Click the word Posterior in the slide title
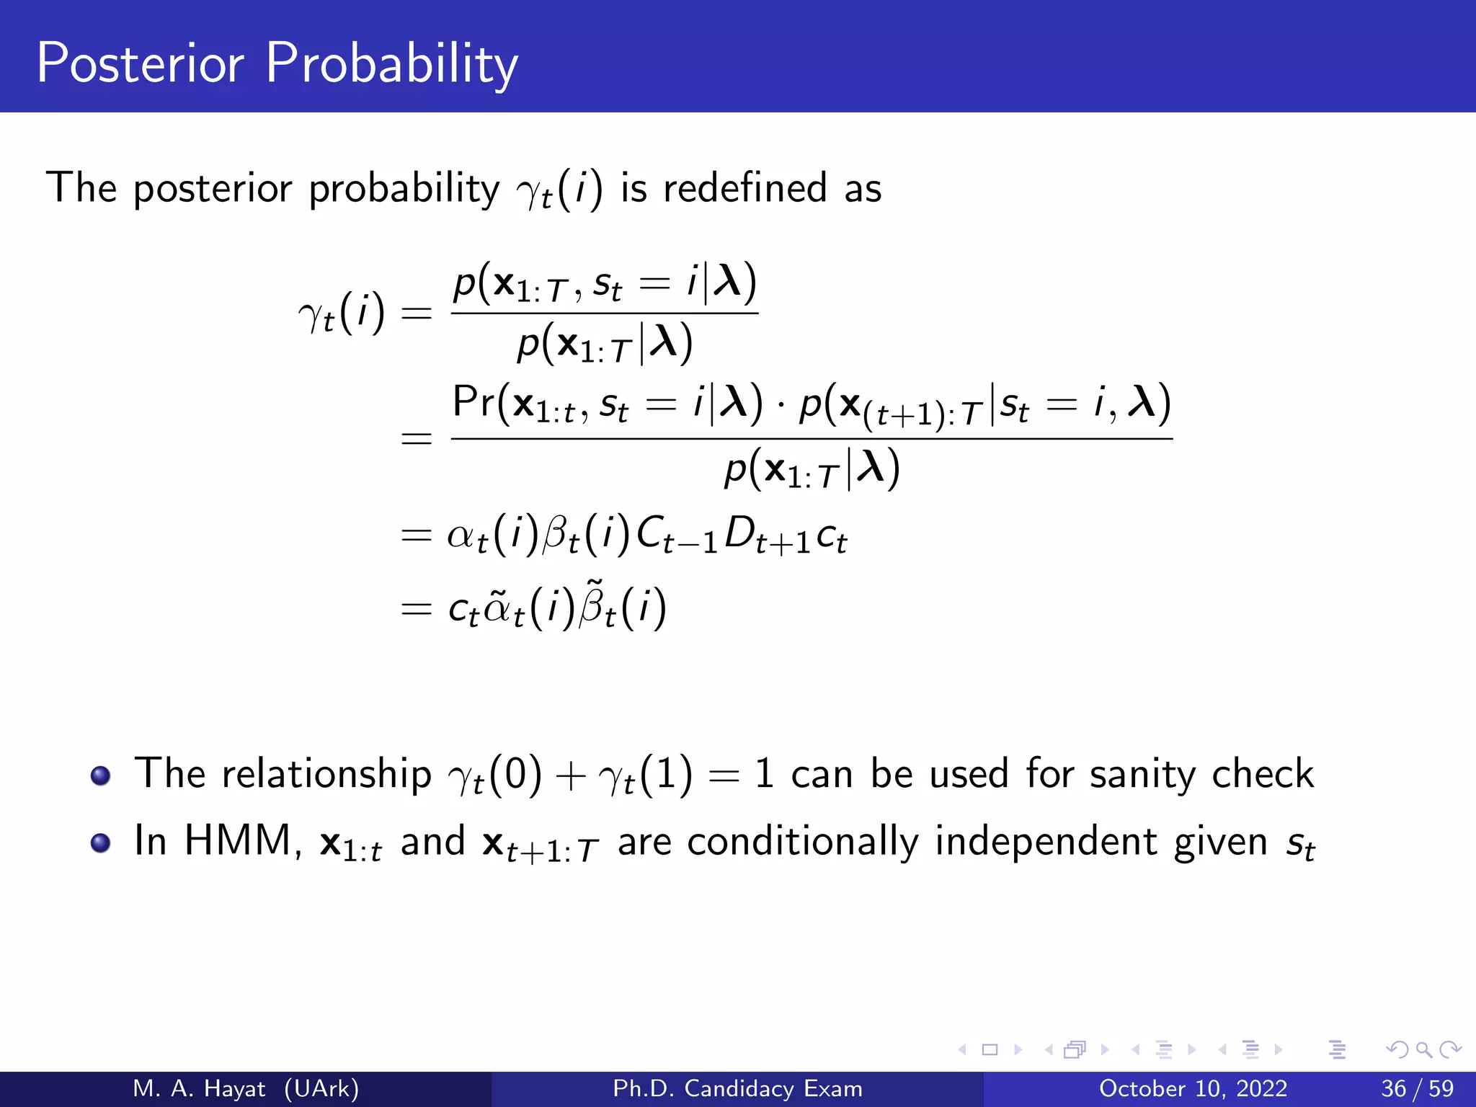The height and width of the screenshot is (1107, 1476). tap(141, 63)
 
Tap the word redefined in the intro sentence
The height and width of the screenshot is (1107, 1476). tap(744, 188)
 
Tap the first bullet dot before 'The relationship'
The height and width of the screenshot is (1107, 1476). tap(101, 775)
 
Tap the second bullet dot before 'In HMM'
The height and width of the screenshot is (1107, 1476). tap(101, 843)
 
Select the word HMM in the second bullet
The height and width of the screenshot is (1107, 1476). tap(239, 840)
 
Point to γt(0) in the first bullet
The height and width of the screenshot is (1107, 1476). tap(494, 775)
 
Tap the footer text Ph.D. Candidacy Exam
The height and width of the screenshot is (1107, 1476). tap(737, 1088)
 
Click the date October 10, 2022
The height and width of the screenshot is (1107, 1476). tap(1193, 1088)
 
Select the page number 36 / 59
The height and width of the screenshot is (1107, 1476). tap(1417, 1088)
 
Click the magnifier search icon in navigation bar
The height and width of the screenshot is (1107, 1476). tap(1423, 1049)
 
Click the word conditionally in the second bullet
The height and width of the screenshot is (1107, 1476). tap(802, 842)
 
